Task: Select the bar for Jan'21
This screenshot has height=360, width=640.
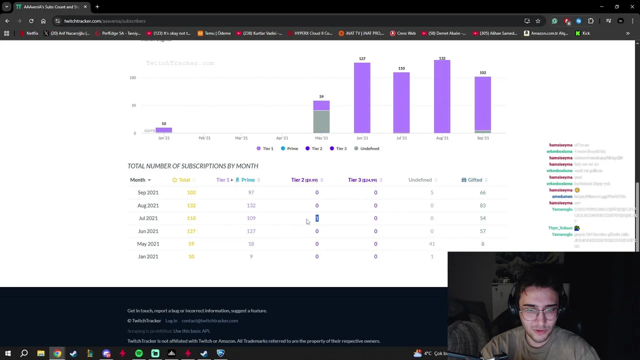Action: (163, 130)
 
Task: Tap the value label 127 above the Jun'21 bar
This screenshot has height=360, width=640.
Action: (362, 58)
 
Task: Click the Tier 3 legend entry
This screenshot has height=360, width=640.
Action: (338, 148)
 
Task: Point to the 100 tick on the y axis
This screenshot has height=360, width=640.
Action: (132, 77)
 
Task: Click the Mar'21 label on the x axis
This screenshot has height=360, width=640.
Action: (241, 138)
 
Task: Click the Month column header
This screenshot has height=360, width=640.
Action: (137, 180)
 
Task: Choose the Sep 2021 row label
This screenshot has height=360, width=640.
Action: (148, 192)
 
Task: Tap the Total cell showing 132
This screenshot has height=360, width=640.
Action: (191, 205)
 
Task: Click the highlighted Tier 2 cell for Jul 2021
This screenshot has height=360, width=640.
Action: (317, 218)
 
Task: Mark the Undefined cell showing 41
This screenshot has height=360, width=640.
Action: (431, 244)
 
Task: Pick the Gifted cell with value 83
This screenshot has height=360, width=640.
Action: (482, 205)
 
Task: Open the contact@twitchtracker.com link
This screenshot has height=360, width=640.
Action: (209, 321)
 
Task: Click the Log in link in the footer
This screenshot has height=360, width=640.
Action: (171, 321)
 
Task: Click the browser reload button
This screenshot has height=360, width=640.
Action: (31, 21)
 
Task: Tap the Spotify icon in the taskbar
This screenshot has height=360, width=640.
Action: (139, 353)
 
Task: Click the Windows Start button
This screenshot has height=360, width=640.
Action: (8, 353)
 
